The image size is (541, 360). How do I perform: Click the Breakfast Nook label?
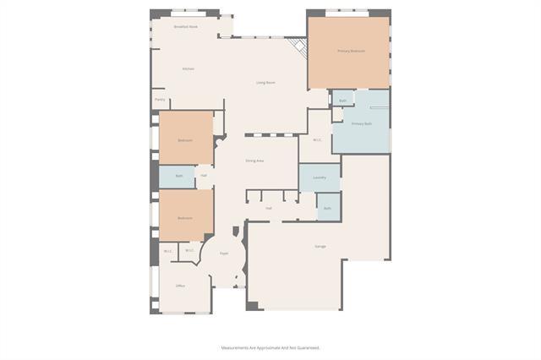186,27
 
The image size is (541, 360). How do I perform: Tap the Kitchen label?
188,68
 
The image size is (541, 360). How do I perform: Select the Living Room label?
265,82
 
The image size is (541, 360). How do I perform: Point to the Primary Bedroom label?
351,51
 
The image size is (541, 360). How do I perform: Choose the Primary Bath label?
362,124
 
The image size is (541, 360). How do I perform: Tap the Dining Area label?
254,161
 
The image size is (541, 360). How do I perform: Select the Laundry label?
320,177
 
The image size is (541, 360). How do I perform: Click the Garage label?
320,246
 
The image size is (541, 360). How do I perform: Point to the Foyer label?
224,253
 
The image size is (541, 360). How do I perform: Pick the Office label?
180,286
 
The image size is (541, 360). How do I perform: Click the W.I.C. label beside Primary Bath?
317,140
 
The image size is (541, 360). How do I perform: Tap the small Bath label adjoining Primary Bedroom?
342,101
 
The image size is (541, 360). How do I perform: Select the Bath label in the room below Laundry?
327,208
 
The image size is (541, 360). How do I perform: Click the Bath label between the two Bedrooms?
179,176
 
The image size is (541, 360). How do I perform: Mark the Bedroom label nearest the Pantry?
185,139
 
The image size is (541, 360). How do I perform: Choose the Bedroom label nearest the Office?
185,218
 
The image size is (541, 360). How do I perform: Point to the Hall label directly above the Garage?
268,208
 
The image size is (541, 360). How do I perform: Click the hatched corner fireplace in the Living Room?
297,46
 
